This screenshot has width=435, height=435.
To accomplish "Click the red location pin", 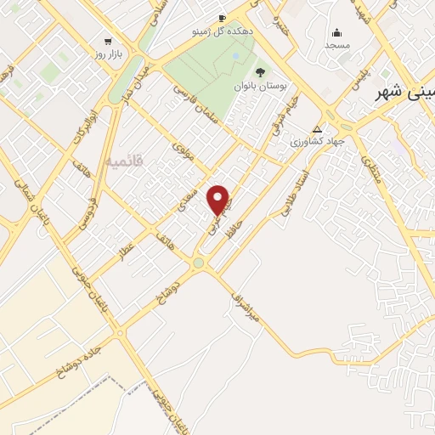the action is click(219, 199).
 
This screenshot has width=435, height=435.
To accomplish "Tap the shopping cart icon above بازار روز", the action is click(108, 41).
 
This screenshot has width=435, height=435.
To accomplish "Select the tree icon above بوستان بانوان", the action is click(259, 72).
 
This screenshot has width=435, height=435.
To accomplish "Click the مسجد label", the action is click(337, 44).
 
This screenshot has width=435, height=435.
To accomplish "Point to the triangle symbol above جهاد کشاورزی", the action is click(317, 130).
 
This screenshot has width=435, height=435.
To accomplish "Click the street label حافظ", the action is click(233, 227).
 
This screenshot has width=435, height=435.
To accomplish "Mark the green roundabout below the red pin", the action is click(198, 263).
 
